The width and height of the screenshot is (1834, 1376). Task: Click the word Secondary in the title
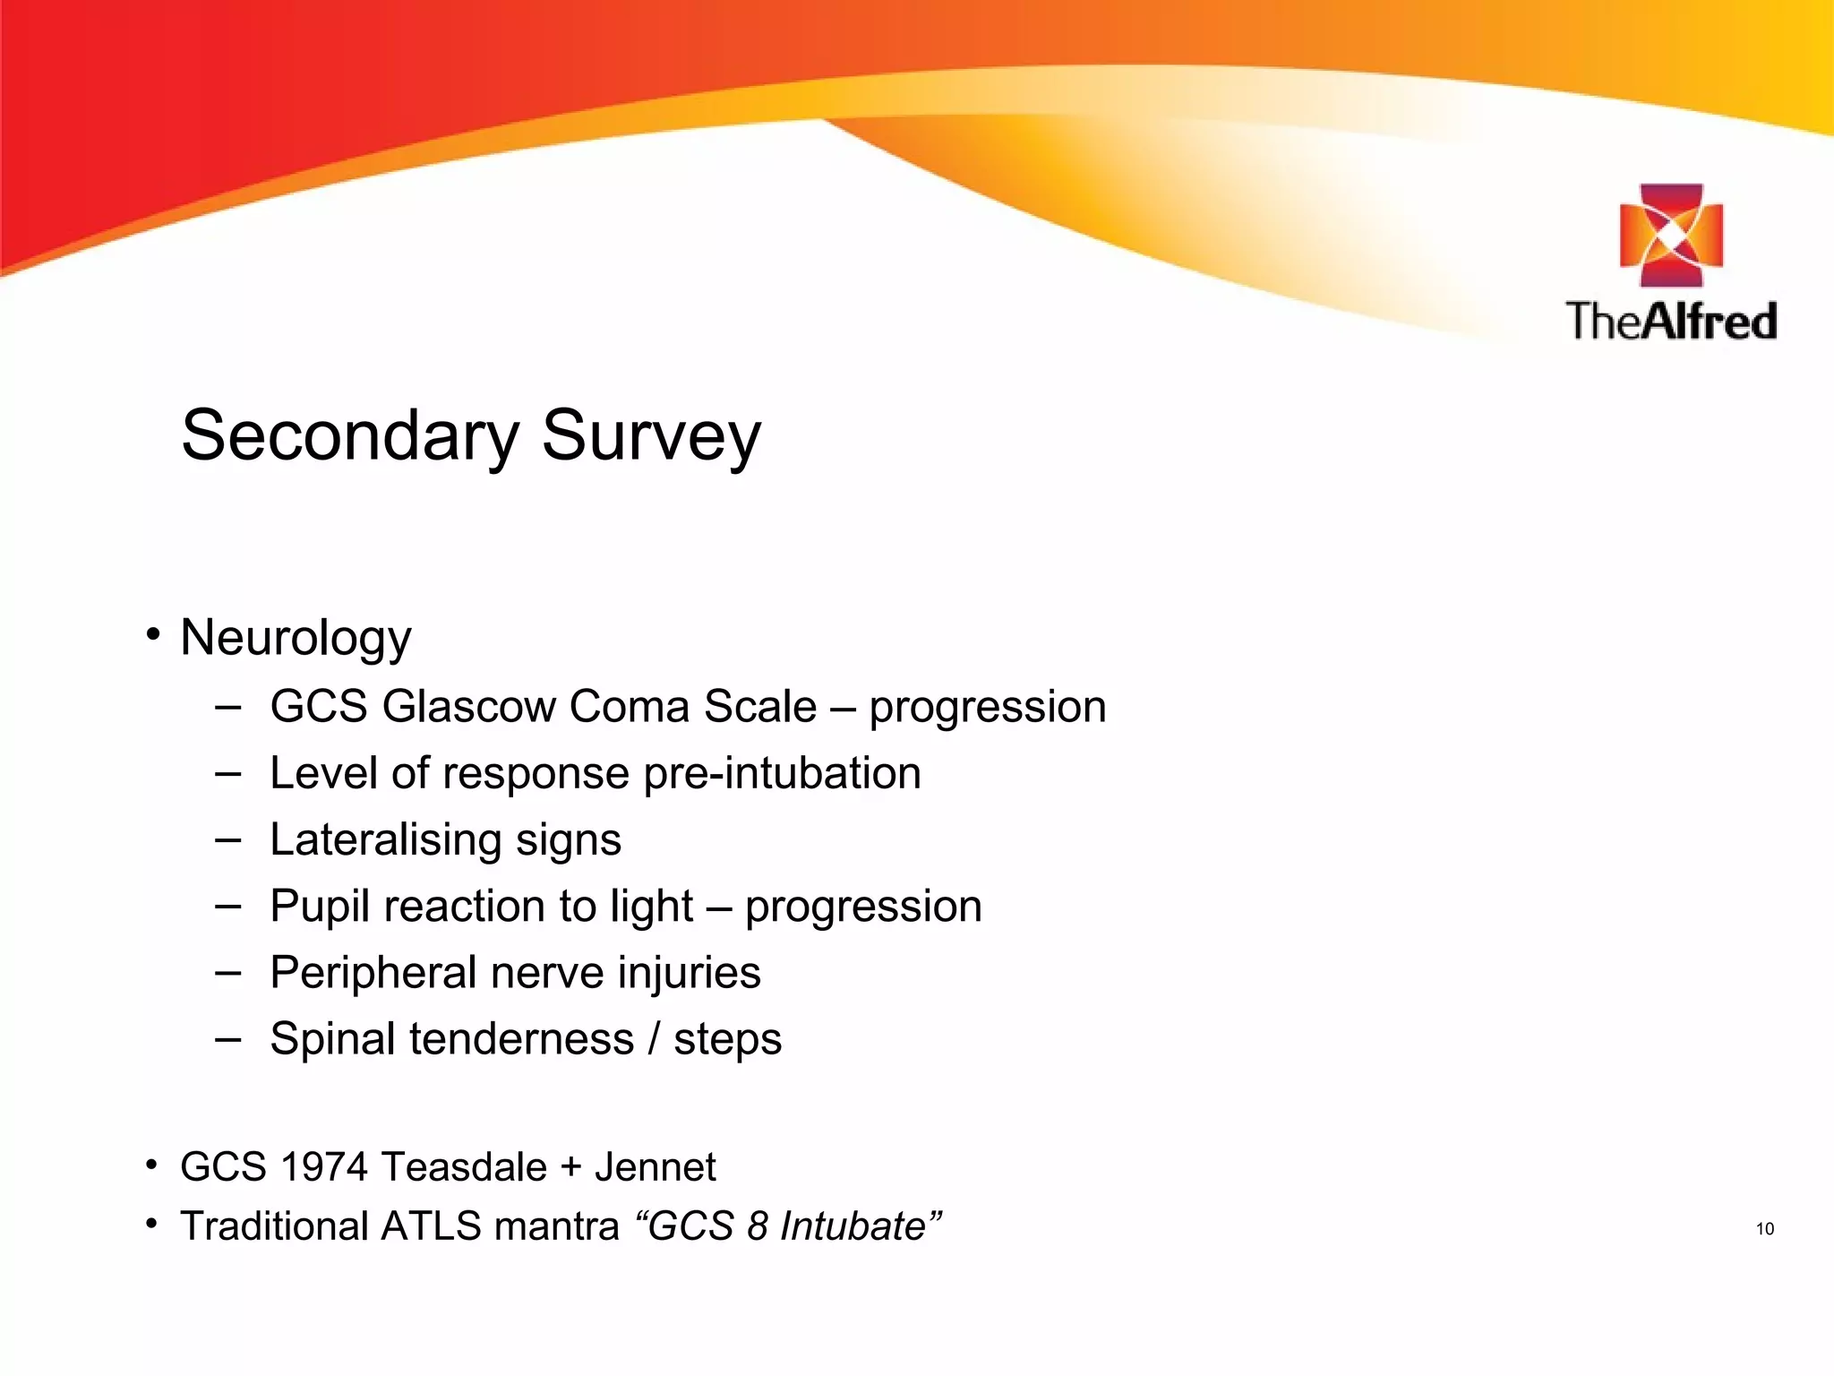pyautogui.click(x=349, y=436)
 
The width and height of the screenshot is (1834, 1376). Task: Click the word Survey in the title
pyautogui.click(x=651, y=436)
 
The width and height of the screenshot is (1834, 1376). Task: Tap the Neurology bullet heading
pyautogui.click(x=296, y=639)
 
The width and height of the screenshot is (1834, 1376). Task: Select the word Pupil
pyautogui.click(x=319, y=907)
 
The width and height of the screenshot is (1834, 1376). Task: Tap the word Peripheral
pyautogui.click(x=373, y=973)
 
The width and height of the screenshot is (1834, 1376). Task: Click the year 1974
pyautogui.click(x=323, y=1167)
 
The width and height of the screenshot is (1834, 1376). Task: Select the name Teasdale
pyautogui.click(x=464, y=1167)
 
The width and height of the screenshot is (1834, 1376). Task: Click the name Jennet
pyautogui.click(x=655, y=1167)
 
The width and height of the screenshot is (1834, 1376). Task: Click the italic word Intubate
pyautogui.click(x=852, y=1226)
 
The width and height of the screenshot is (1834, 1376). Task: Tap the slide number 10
pyautogui.click(x=1764, y=1229)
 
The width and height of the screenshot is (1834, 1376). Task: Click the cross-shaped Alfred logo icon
pyautogui.click(x=1671, y=236)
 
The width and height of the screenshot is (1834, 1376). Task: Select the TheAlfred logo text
pyautogui.click(x=1671, y=321)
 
